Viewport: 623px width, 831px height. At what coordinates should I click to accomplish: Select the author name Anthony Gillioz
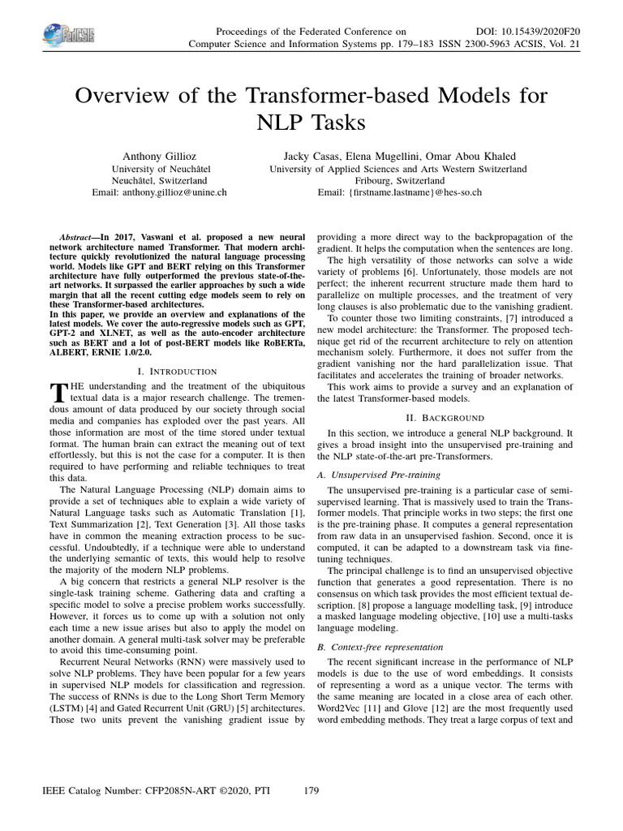158,156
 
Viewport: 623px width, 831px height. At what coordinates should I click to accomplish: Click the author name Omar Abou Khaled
474,156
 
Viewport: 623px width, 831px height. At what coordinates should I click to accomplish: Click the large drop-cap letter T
57,393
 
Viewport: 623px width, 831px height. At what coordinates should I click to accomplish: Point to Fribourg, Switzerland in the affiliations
397,181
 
